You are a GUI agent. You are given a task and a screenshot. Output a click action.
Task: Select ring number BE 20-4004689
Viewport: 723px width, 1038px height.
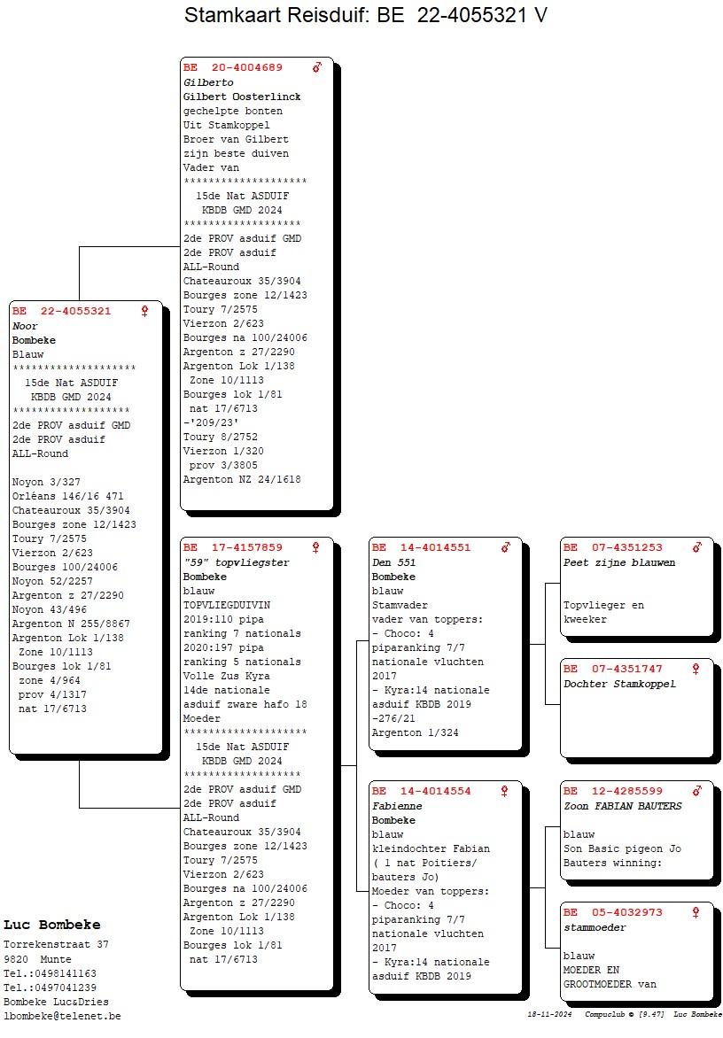pyautogui.click(x=233, y=67)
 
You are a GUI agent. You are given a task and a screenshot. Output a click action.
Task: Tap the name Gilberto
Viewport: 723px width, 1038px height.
pyautogui.click(x=208, y=82)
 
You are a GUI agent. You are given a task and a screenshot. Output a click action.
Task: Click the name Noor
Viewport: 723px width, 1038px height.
pyautogui.click(x=25, y=326)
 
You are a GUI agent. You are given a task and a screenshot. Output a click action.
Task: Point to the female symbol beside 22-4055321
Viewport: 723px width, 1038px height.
pyautogui.click(x=144, y=311)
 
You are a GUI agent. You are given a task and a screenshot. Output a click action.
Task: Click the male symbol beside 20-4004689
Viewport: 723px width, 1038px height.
pyautogui.click(x=317, y=67)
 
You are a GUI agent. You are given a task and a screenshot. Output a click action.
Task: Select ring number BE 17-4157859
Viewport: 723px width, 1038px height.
pyautogui.click(x=233, y=547)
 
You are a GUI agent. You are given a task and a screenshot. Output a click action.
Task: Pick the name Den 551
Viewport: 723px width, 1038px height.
pyautogui.click(x=394, y=562)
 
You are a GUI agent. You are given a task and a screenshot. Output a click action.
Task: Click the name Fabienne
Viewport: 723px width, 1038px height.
pyautogui.click(x=397, y=806)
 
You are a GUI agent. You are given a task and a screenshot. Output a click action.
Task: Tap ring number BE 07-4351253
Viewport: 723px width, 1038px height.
pyautogui.click(x=613, y=547)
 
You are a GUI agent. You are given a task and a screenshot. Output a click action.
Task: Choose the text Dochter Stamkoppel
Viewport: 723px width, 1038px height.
pyautogui.click(x=619, y=684)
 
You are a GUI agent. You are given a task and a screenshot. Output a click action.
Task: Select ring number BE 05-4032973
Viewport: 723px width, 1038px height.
pyautogui.click(x=613, y=912)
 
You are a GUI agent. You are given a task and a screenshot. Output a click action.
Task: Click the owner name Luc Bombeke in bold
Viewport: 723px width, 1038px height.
pyautogui.click(x=52, y=925)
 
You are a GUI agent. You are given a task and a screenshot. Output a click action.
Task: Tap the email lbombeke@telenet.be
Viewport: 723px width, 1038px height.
pyautogui.click(x=62, y=1016)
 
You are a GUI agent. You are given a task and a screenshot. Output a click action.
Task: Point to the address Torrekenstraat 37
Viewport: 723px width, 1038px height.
pyautogui.click(x=57, y=945)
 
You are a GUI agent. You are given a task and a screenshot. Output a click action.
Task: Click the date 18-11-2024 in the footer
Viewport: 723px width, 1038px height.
pyautogui.click(x=549, y=1014)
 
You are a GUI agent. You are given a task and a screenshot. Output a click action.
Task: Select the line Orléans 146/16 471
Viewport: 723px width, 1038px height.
pyautogui.click(x=67, y=497)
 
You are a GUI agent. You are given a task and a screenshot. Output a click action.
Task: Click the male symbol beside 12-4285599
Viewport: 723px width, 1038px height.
pyautogui.click(x=696, y=791)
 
